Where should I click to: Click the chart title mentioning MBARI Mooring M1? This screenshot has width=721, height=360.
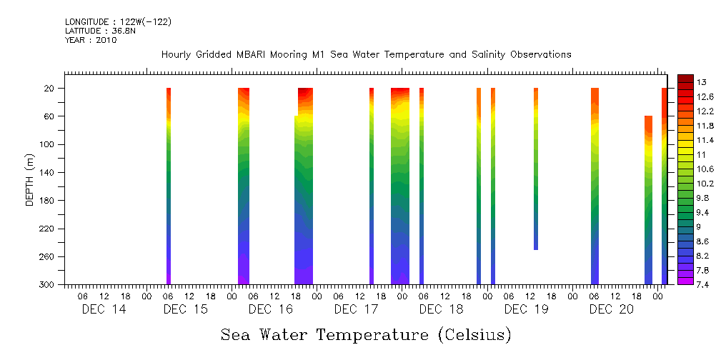[x=366, y=55]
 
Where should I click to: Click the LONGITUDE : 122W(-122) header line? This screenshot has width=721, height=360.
[x=118, y=22]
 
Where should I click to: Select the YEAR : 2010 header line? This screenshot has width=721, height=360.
[x=90, y=41]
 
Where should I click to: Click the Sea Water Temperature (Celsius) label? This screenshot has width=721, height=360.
[x=366, y=334]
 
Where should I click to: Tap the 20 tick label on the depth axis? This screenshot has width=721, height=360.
[x=51, y=89]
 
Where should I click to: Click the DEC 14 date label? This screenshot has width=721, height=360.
[x=104, y=309]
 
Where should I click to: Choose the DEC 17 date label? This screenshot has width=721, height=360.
[x=356, y=309]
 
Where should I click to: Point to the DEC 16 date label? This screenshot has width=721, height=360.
[x=271, y=309]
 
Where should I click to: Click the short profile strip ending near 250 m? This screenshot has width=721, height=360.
[x=536, y=169]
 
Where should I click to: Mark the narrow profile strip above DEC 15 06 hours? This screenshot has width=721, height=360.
[x=169, y=186]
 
